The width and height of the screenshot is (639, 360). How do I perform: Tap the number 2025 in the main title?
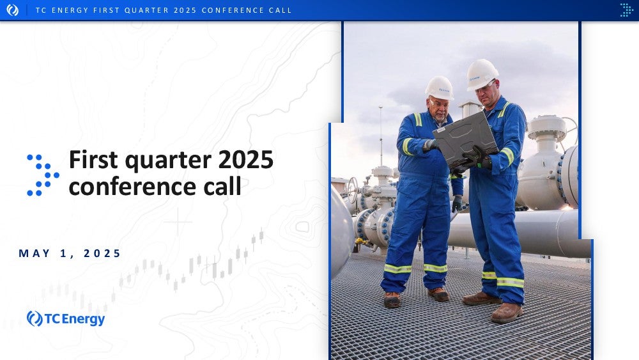[x=246, y=159]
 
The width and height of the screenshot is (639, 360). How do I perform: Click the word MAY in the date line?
[x=35, y=253]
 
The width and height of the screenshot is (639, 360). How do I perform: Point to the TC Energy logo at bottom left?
[x=66, y=319]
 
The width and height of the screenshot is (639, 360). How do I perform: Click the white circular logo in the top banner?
[x=12, y=10]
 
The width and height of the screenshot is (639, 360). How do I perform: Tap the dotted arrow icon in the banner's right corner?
[x=626, y=10]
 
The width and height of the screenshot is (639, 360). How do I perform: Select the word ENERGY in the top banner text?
[x=70, y=10]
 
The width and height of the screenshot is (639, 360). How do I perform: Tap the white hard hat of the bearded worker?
[x=439, y=88]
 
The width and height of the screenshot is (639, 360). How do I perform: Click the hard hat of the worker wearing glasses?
[x=482, y=74]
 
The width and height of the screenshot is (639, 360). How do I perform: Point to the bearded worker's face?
[x=439, y=109]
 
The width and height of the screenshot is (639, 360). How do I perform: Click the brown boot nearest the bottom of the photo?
[x=507, y=313]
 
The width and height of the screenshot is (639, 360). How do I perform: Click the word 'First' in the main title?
[x=94, y=159]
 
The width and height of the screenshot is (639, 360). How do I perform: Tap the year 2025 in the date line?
[x=102, y=253]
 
